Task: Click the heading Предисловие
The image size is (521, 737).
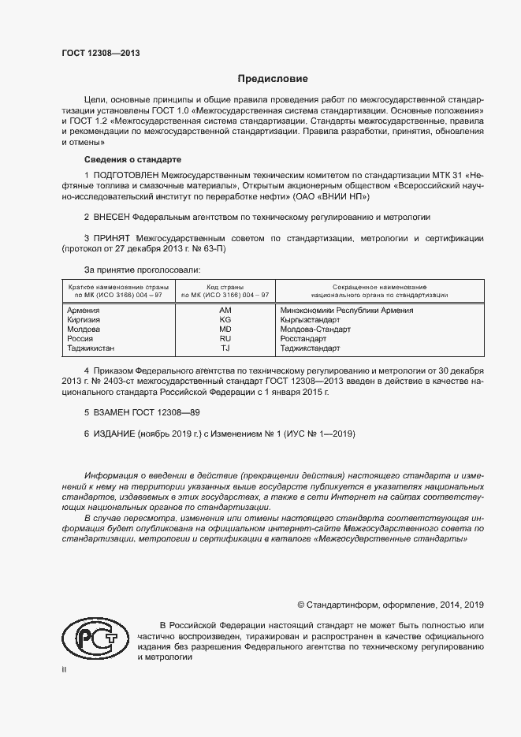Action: pyautogui.click(x=274, y=79)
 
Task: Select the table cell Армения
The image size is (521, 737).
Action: pyautogui.click(x=84, y=311)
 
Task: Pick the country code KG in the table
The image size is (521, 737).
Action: pyautogui.click(x=225, y=320)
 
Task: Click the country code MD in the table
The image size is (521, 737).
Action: pyautogui.click(x=225, y=329)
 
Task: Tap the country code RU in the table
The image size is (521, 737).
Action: pyautogui.click(x=225, y=338)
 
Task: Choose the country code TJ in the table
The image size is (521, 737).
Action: pyautogui.click(x=225, y=348)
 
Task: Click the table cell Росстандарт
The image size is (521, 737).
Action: pyautogui.click(x=306, y=338)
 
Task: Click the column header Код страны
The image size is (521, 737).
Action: pyautogui.click(x=225, y=287)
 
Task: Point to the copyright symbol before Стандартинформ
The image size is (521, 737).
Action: pyautogui.click(x=301, y=605)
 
